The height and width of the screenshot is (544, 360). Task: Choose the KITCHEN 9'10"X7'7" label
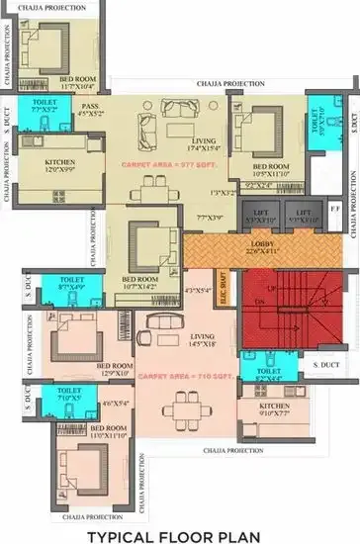click(274, 409)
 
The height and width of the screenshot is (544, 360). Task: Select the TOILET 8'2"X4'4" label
click(272, 375)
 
